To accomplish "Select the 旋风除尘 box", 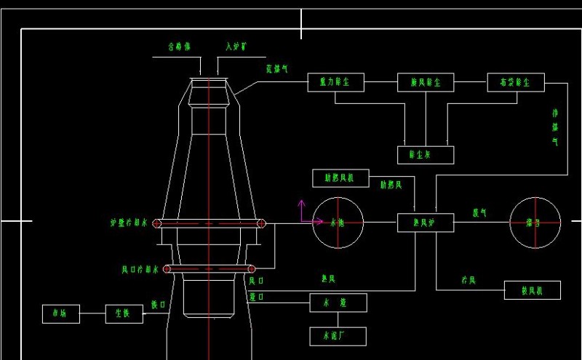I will pyautogui.click(x=426, y=83).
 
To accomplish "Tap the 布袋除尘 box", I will pyautogui.click(x=515, y=83).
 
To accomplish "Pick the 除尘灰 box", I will pyautogui.click(x=426, y=155).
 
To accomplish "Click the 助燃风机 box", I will pyautogui.click(x=340, y=177).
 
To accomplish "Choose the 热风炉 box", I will pyautogui.click(x=426, y=223).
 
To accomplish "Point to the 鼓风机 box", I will pyautogui.click(x=533, y=291).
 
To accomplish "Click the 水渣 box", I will pyautogui.click(x=338, y=303).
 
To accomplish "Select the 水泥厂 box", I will pyautogui.click(x=338, y=336).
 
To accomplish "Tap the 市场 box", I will pyautogui.click(x=60, y=313).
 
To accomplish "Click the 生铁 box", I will pyautogui.click(x=124, y=313).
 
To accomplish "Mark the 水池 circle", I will pyautogui.click(x=338, y=223).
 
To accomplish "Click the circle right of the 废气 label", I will pyautogui.click(x=535, y=223).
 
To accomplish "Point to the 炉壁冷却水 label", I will pyautogui.click(x=129, y=223).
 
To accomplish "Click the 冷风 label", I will pyautogui.click(x=468, y=279).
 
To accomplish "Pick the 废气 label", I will pyautogui.click(x=479, y=213).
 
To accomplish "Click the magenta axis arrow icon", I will pyautogui.click(x=301, y=212).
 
